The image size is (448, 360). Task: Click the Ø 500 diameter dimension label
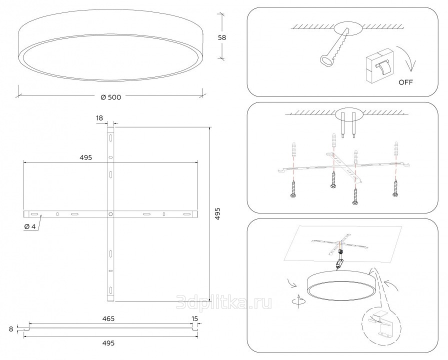pos(111,97)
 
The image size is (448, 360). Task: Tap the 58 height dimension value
pos(222,37)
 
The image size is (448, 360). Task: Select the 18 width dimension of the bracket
pos(99,118)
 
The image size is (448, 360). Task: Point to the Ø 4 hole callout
pos(30,226)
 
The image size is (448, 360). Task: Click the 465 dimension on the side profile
pos(108,318)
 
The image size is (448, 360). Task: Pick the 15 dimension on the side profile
pos(194,318)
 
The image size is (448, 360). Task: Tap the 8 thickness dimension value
pos(11,329)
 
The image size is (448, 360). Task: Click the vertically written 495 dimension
pos(217,213)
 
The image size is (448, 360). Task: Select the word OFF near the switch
pos(405,82)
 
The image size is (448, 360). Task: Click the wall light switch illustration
pos(379,66)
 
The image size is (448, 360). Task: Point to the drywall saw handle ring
pos(326,60)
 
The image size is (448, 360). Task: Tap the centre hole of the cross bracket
pos(110,213)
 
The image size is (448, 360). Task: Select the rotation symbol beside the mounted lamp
pos(298,300)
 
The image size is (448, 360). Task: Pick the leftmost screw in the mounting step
pos(293,189)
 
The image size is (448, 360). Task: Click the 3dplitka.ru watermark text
pos(224,302)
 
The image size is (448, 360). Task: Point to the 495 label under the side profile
pos(108,343)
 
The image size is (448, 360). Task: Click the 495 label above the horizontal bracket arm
pos(86,157)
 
